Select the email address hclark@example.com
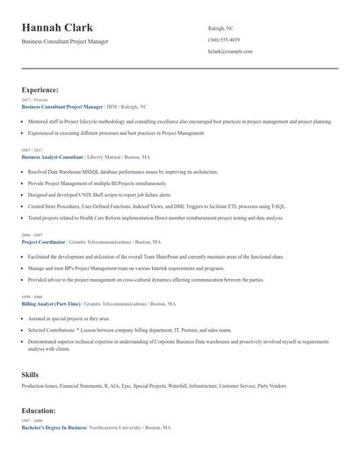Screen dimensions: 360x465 230,52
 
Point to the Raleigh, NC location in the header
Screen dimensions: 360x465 222,29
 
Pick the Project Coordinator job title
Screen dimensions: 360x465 45,241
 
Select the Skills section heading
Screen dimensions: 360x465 30,375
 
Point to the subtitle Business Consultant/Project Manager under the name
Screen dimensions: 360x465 65,41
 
